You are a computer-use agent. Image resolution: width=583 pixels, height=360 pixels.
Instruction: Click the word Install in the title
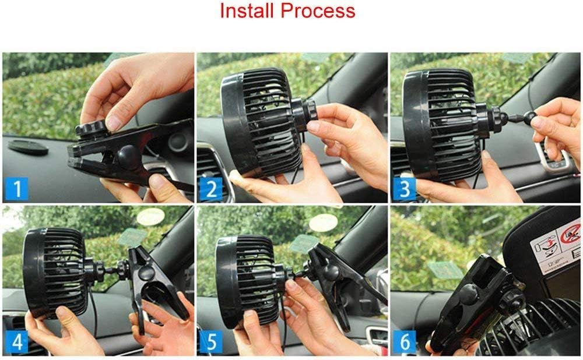click(248, 10)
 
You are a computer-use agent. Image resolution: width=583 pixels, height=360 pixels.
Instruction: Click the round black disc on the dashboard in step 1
click(28, 146)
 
